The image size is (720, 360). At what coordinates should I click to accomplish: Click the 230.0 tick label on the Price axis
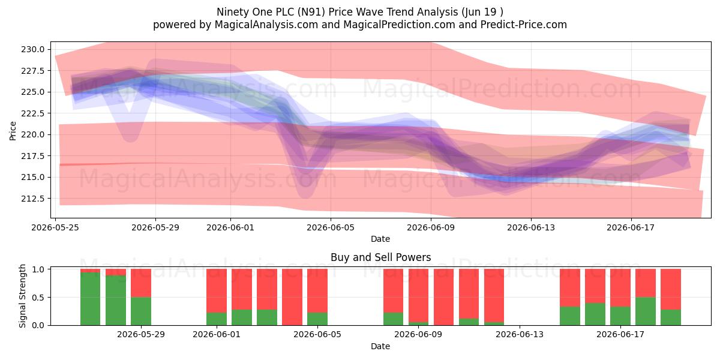(x=33, y=49)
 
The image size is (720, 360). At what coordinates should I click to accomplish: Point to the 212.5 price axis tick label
(x=33, y=199)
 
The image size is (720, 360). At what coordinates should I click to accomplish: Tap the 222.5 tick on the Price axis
(x=33, y=113)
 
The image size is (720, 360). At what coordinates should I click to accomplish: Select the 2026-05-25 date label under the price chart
(x=55, y=227)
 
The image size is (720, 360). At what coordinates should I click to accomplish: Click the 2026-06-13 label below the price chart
(x=531, y=227)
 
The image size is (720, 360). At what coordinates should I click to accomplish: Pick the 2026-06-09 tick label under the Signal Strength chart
(x=418, y=335)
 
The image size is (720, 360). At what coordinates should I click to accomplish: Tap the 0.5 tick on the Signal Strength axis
(x=38, y=298)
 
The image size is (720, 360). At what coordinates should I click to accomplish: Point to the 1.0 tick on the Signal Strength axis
(x=38, y=269)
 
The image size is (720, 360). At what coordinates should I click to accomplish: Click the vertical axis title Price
(x=13, y=131)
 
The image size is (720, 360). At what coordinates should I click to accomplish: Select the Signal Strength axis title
(x=22, y=296)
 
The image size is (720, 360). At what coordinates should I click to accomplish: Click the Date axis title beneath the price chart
(x=380, y=239)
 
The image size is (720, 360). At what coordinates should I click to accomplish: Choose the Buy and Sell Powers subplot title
(x=380, y=257)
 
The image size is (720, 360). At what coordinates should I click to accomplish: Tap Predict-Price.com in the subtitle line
(x=524, y=25)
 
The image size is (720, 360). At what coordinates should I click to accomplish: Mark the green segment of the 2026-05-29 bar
(x=141, y=311)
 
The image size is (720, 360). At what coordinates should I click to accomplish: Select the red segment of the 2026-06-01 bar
(x=217, y=290)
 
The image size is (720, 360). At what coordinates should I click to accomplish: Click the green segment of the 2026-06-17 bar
(x=620, y=316)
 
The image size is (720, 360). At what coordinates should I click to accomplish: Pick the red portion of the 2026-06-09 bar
(x=419, y=296)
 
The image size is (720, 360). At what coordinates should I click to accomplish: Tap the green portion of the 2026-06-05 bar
(x=317, y=319)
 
